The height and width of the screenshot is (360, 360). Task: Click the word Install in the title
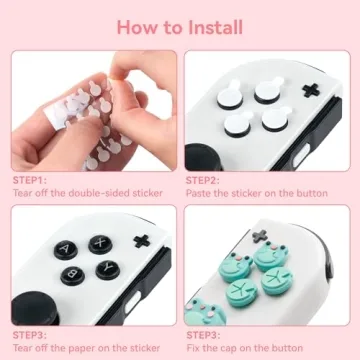[213, 26]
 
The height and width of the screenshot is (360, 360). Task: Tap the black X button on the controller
[101, 244]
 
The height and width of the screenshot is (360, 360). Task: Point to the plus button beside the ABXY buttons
[140, 241]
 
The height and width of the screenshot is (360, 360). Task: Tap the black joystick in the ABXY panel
[31, 308]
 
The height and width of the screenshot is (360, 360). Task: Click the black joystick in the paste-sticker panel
[205, 155]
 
